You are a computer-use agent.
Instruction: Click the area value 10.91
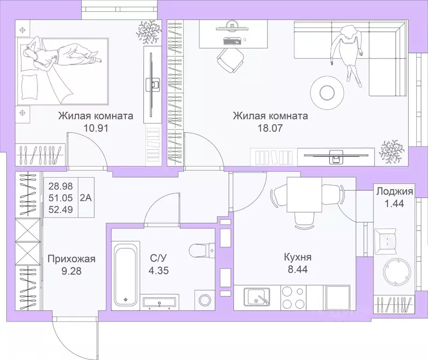point(95,128)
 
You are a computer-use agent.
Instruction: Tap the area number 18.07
point(270,128)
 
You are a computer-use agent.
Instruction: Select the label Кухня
point(297,257)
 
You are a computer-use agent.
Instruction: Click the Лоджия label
point(394,191)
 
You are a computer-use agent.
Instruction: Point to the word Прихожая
point(72,259)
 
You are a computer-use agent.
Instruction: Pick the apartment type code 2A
point(86,197)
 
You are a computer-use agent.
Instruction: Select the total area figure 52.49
point(60,210)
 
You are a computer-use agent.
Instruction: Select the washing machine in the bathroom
point(205,300)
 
